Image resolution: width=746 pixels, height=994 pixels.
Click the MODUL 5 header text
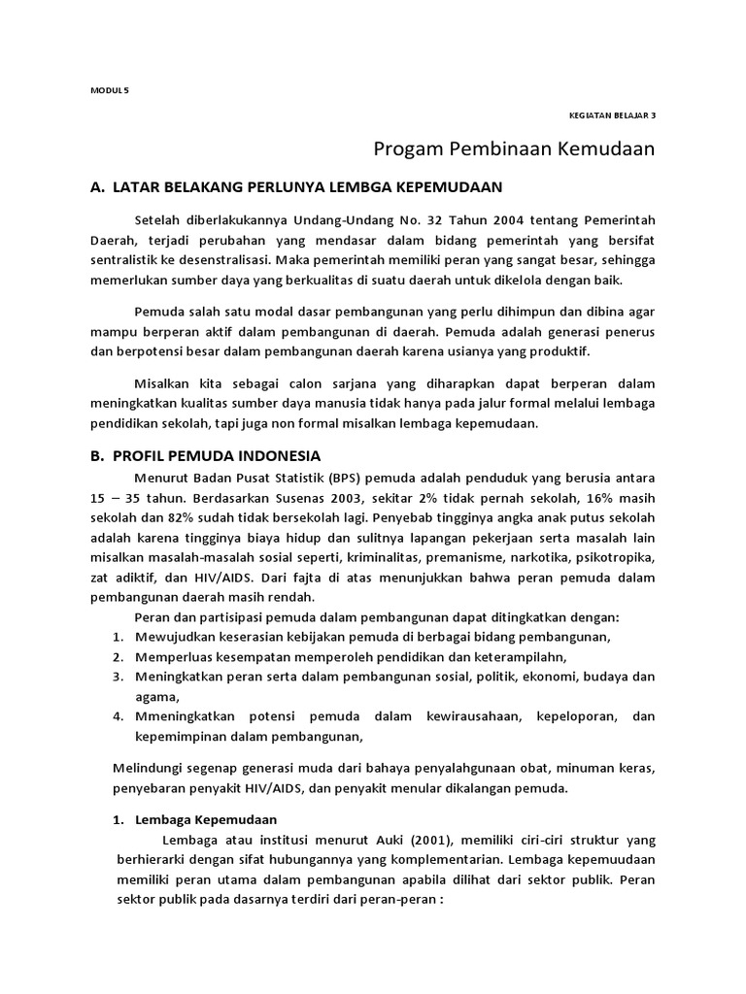(102, 90)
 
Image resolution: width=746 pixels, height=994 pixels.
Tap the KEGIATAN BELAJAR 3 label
(612, 115)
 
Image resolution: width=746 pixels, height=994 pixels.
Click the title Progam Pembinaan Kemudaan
(515, 149)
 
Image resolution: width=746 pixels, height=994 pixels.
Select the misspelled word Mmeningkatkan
(187, 716)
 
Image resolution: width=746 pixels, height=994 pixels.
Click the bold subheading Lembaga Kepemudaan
(206, 818)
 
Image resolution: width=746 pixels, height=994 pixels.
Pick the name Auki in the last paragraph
(366, 839)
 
